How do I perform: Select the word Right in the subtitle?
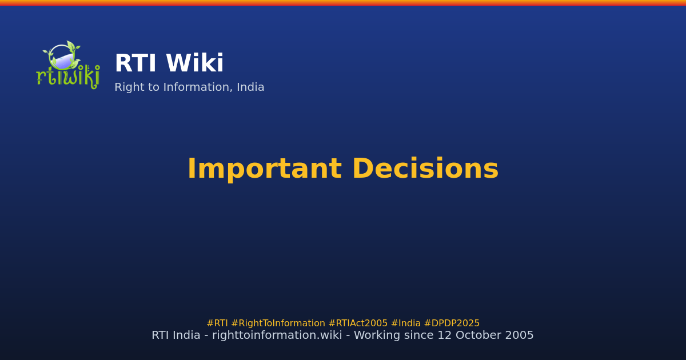click(129, 88)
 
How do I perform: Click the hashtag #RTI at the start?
click(217, 323)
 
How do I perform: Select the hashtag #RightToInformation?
click(278, 323)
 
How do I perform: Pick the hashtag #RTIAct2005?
click(358, 323)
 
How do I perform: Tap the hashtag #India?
click(405, 323)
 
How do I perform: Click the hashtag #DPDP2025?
click(452, 323)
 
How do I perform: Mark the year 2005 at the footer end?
click(520, 335)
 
